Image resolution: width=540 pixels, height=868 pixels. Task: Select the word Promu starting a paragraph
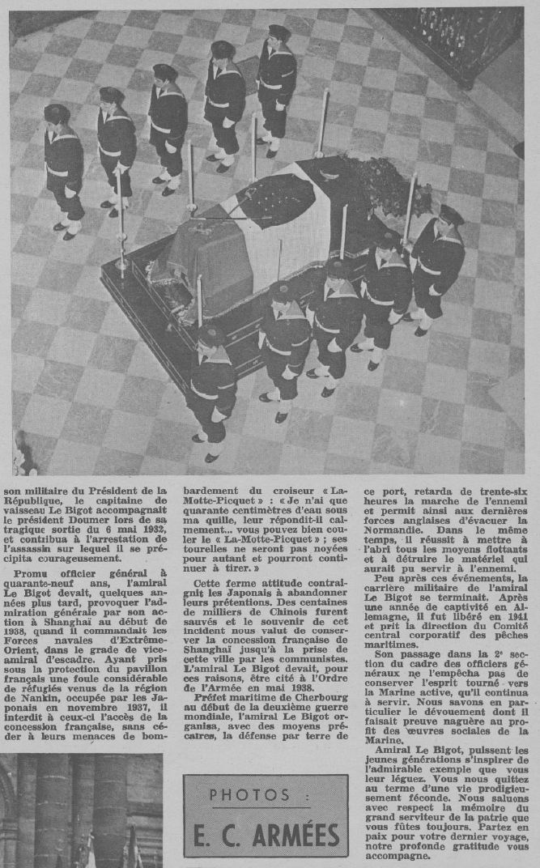click(33, 574)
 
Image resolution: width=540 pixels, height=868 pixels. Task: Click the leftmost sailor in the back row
click(63, 170)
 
